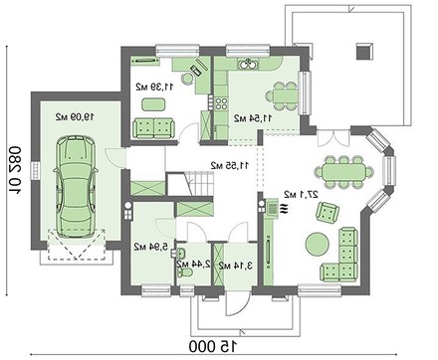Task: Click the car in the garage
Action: pos(76,187)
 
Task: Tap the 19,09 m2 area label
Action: pos(75,116)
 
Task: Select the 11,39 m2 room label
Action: pos(154,87)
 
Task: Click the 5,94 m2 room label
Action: pos(151,247)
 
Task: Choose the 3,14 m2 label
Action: pos(236,266)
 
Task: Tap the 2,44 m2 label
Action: pos(194,265)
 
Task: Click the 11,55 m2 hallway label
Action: pos(230,165)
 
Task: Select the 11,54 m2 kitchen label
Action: pos(254,118)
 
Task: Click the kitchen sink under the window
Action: pos(248,64)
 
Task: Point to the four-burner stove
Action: pos(221,102)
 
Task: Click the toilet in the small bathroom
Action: pos(184,272)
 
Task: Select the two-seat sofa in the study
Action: pos(153,128)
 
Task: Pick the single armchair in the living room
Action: pos(328,212)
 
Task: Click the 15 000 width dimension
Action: pos(214,346)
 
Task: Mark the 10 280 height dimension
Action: pos(15,171)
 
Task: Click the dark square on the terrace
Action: pos(364,51)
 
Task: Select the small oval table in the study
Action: pos(153,104)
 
